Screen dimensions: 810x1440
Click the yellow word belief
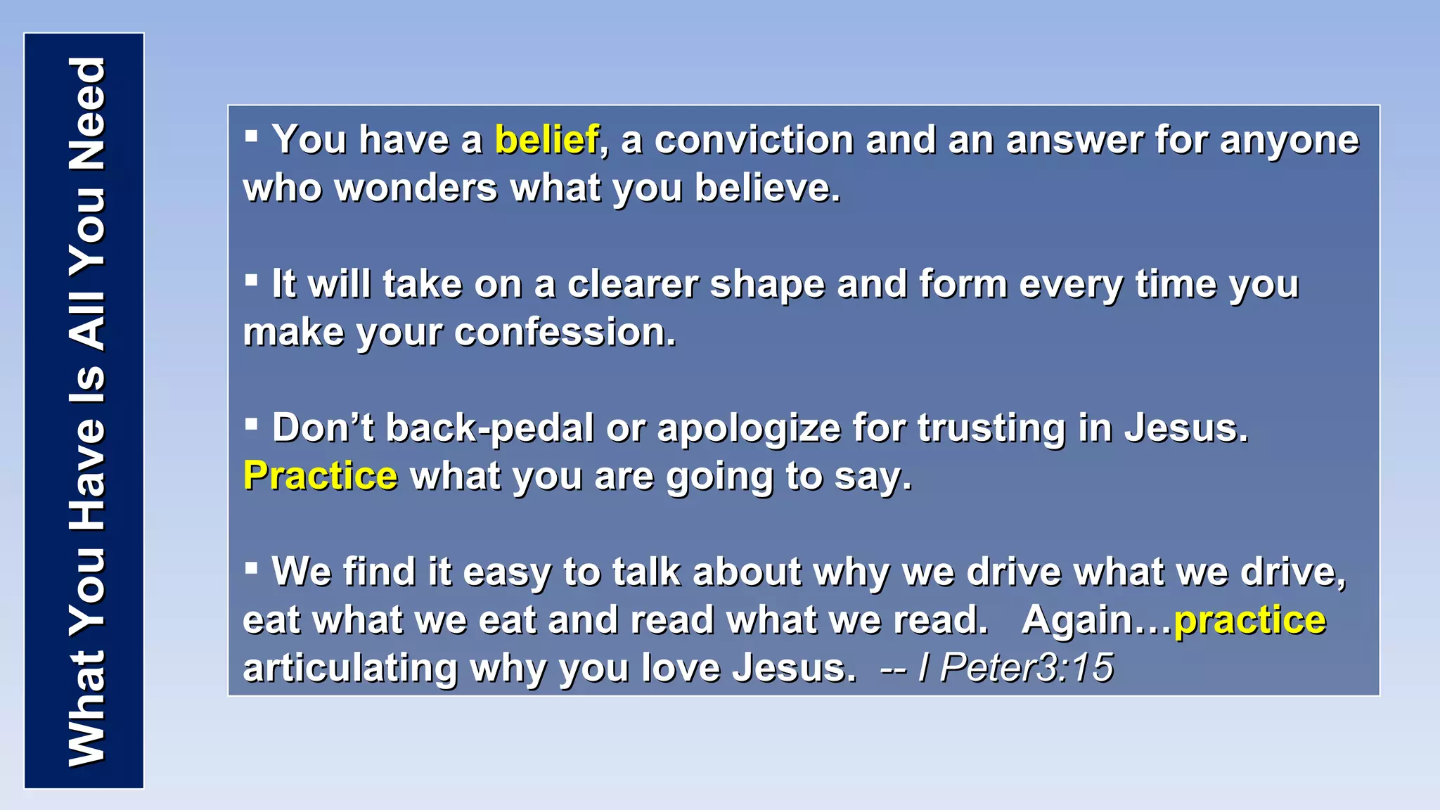[x=547, y=140]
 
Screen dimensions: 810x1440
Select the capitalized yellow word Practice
[x=321, y=476]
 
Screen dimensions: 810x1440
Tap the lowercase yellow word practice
[x=1250, y=620]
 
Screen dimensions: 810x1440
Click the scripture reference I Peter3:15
[x=1016, y=667]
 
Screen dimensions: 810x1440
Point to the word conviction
[x=754, y=140]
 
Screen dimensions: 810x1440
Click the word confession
[x=565, y=332]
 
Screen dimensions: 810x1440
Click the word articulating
[x=350, y=668]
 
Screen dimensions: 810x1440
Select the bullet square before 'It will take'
[x=251, y=279]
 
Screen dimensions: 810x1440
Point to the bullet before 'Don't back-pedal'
[x=251, y=423]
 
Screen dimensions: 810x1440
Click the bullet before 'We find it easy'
[x=251, y=567]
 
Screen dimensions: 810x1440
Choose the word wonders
[x=416, y=188]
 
